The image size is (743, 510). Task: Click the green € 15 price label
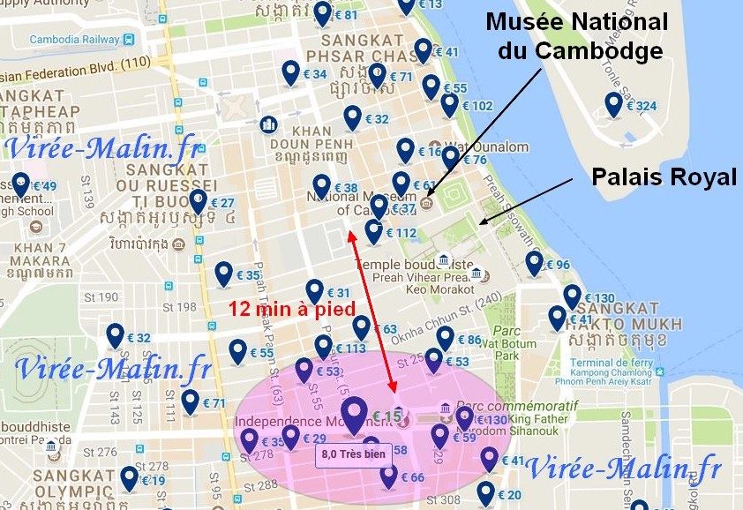[x=387, y=416]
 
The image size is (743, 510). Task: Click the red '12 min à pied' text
[x=291, y=309]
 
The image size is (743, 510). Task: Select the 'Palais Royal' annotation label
[x=664, y=177]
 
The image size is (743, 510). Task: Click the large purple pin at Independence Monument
[x=355, y=416]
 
